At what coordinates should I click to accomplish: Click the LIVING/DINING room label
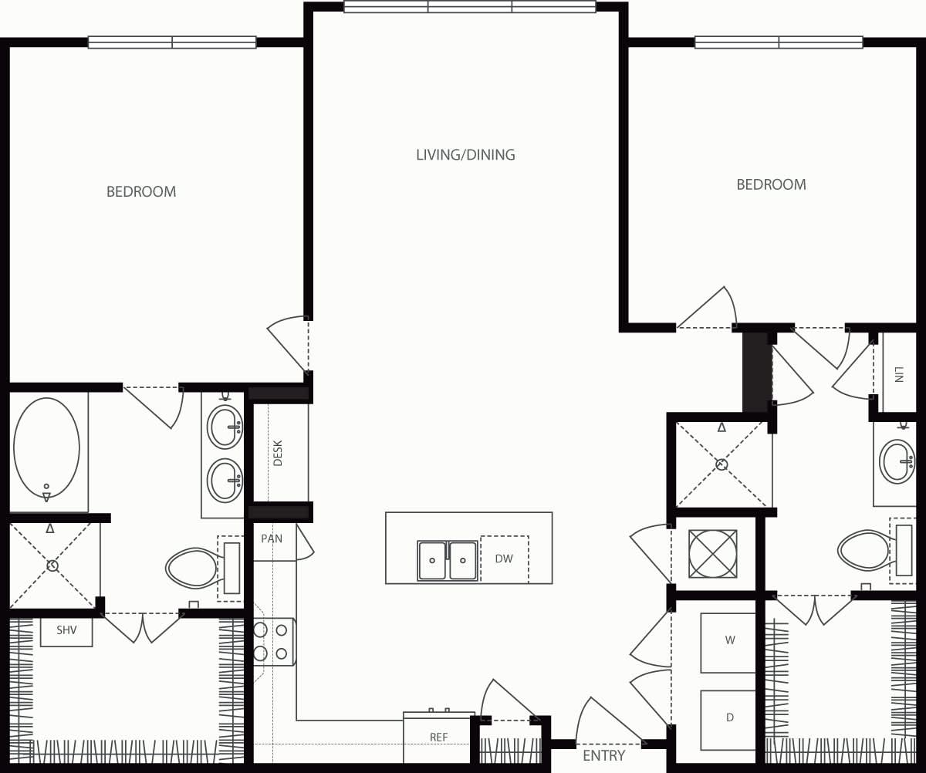click(x=465, y=155)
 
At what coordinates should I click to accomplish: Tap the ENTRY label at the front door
click(x=603, y=755)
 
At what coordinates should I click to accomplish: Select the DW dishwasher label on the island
click(x=504, y=559)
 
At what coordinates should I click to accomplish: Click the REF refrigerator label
click(x=438, y=738)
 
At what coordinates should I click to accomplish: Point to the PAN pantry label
click(x=272, y=538)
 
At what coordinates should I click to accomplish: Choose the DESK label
click(x=279, y=453)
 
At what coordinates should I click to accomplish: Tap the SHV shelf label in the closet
click(x=66, y=630)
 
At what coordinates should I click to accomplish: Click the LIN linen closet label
click(x=898, y=375)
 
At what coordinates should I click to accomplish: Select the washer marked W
click(x=729, y=640)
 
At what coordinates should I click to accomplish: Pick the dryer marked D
click(x=729, y=717)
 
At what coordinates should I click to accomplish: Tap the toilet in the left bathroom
click(x=193, y=568)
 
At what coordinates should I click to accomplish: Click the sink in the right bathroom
click(x=897, y=461)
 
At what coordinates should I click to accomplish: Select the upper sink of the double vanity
click(x=225, y=427)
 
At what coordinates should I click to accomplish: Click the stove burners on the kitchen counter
click(x=271, y=642)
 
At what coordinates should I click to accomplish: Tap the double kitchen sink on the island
click(x=448, y=560)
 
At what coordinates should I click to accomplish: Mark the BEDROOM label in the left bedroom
click(x=141, y=191)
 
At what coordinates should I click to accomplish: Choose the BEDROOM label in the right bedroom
click(x=771, y=184)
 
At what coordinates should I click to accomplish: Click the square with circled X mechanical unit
click(x=712, y=554)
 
